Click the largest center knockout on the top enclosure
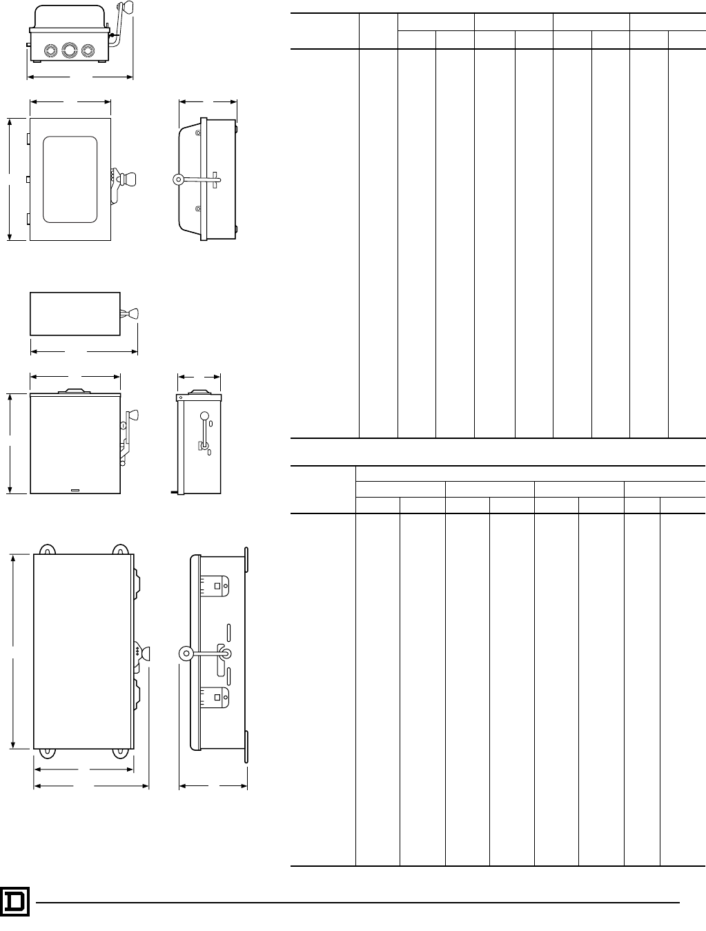[x=68, y=50]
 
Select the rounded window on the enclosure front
[x=70, y=179]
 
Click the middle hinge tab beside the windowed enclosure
[x=27, y=179]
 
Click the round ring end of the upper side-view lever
[x=177, y=179]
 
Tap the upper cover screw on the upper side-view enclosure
[x=198, y=133]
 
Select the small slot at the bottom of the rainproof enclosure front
[x=75, y=491]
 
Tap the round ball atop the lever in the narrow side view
[x=204, y=415]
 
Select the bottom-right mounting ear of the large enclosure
[x=121, y=751]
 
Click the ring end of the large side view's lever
[x=186, y=653]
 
